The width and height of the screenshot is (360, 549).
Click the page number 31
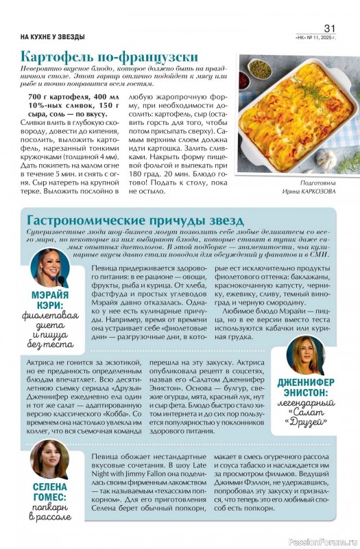click(x=330, y=27)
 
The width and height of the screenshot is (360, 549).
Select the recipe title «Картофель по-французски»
click(x=110, y=56)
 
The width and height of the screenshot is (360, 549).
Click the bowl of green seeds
click(x=259, y=69)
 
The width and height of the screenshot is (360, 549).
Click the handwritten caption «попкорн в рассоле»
click(x=49, y=522)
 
